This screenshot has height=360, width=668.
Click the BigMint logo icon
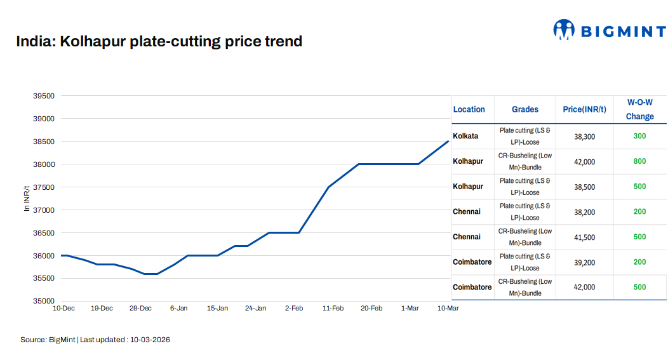[x=563, y=29]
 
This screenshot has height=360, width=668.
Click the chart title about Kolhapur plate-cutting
[x=159, y=42]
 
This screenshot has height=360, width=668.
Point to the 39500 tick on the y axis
[x=44, y=96]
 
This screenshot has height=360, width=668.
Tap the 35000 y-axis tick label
[x=44, y=301]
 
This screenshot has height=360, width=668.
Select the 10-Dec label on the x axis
[x=63, y=309]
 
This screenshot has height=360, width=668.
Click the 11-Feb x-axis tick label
[x=333, y=309]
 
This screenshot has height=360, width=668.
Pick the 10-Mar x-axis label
[x=448, y=309]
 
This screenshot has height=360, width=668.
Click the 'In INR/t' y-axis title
[x=27, y=198]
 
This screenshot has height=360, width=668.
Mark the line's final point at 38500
[x=448, y=141]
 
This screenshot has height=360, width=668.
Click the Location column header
[x=469, y=109]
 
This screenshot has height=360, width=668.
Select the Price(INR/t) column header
[x=584, y=109]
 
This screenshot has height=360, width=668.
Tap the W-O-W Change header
[x=639, y=109]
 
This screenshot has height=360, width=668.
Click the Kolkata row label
[x=465, y=136]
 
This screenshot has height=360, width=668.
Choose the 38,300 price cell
[x=584, y=137]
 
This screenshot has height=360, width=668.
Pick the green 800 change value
[x=639, y=161]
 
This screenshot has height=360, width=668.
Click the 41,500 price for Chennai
[x=584, y=237]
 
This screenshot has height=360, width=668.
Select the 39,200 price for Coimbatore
[x=584, y=262]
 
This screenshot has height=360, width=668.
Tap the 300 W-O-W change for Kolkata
[x=639, y=136]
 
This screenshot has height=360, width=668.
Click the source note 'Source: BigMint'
[x=48, y=340]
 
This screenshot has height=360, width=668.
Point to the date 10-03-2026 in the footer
[x=150, y=340]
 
